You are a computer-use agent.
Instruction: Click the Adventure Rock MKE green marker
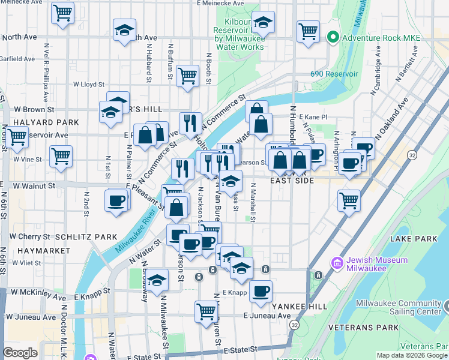click(333, 38)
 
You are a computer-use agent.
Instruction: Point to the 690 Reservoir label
click(334, 74)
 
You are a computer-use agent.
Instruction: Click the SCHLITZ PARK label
click(86, 237)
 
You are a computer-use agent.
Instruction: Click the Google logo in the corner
click(20, 352)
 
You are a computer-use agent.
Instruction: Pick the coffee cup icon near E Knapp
click(261, 291)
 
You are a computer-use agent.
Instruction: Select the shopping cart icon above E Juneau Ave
click(206, 311)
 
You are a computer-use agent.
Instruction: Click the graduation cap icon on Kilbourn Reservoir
click(263, 22)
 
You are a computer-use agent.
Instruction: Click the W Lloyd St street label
click(89, 85)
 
